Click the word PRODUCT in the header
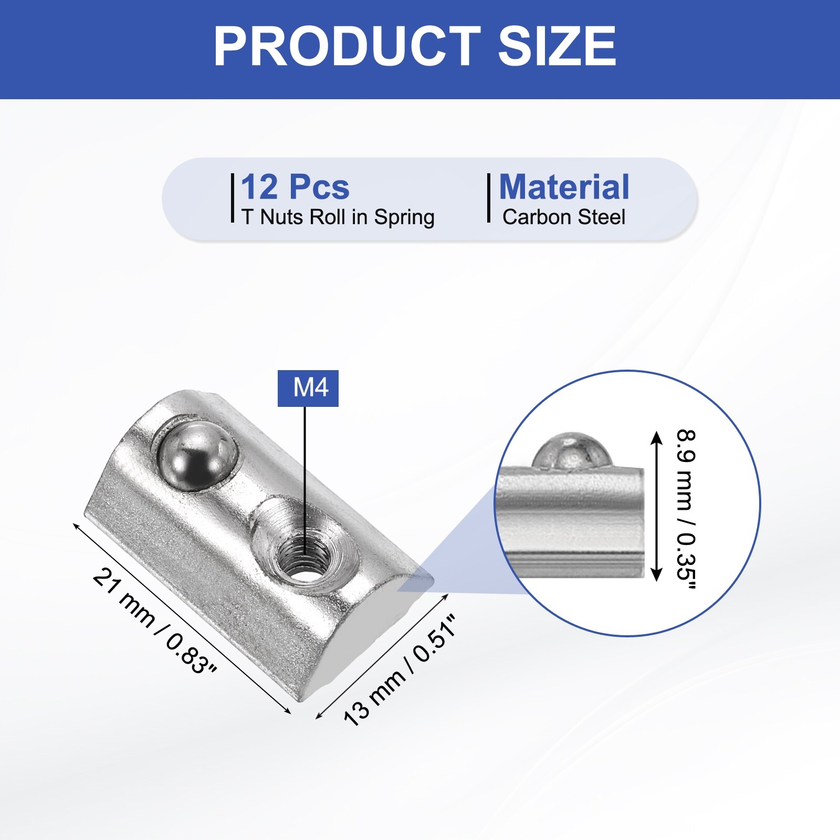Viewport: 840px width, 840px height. [347, 46]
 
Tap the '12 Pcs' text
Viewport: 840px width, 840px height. [295, 187]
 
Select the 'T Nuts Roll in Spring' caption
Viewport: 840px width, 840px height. [338, 217]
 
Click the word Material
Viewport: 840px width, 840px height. [564, 187]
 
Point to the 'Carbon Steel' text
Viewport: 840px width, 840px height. [564, 217]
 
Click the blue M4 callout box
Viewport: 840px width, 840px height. [308, 388]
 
